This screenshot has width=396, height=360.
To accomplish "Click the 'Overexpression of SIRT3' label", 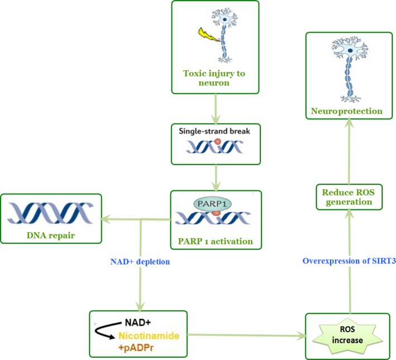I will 349,260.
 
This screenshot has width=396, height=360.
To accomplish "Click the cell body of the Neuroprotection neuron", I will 350,51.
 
